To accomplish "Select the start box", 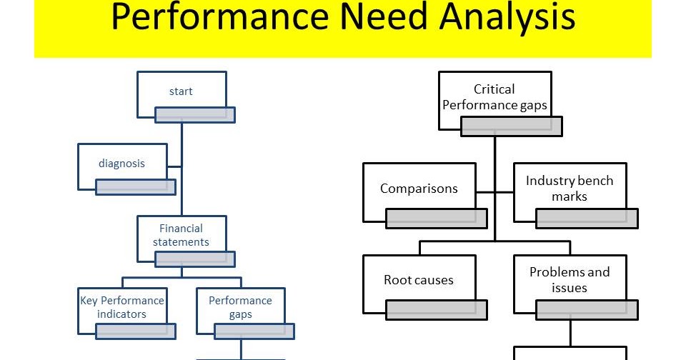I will click(181, 91).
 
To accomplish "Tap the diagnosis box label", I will click(121, 164).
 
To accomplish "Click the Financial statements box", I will click(181, 235).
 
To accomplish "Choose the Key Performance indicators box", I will click(121, 307).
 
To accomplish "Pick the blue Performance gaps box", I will click(240, 307).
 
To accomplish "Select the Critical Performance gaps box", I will click(494, 97).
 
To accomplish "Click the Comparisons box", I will click(419, 189).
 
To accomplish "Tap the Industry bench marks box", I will click(570, 189).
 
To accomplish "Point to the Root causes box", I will click(419, 280).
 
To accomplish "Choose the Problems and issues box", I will click(570, 280).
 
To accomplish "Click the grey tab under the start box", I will click(195, 114).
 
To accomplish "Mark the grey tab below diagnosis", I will click(136, 186).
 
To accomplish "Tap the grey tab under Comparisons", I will click(437, 219).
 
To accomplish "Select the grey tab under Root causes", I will click(437, 309).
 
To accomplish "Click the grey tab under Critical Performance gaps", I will click(512, 126).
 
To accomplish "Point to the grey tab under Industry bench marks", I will click(587, 219).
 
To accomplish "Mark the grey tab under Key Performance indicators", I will click(136, 330).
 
